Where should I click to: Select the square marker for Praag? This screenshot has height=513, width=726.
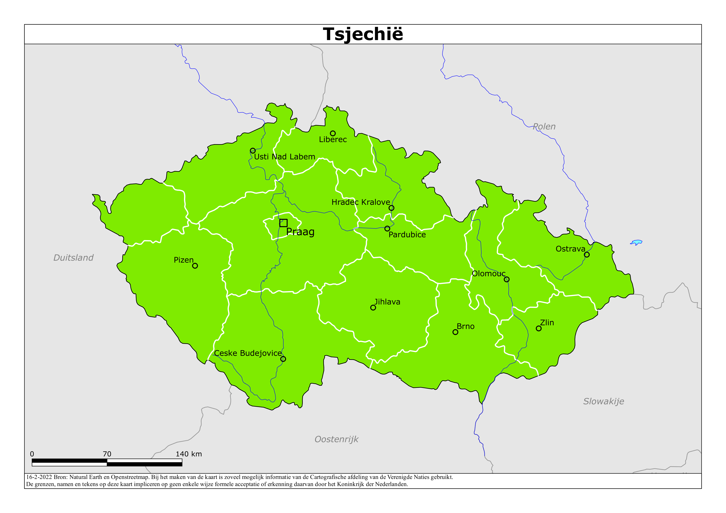(x=283, y=223)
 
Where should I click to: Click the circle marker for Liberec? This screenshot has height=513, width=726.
(x=333, y=133)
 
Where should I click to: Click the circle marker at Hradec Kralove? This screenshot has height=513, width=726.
(x=391, y=208)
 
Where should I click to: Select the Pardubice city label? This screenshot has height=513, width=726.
(x=407, y=234)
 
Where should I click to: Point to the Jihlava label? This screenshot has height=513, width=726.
(x=387, y=302)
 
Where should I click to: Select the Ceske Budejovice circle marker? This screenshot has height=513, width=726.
(x=283, y=359)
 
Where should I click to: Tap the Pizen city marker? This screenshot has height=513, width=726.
(x=195, y=266)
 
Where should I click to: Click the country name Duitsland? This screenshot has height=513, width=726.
(x=73, y=258)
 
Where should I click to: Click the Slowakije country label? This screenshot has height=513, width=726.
(x=603, y=401)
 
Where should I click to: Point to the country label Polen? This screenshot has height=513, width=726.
(x=544, y=126)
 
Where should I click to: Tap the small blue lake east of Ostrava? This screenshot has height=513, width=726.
(x=636, y=242)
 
